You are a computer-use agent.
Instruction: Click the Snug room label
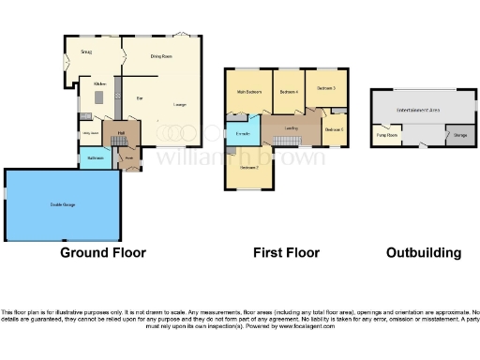[86, 51]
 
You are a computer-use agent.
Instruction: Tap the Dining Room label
[161, 56]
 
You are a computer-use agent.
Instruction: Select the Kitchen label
[97, 83]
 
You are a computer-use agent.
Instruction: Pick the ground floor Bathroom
[95, 157]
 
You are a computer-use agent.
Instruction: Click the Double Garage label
[62, 204]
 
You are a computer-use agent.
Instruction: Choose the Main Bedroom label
[247, 91]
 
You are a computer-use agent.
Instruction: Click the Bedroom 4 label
[288, 91]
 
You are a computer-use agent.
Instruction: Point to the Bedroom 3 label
[325, 87]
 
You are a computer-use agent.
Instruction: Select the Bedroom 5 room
[334, 128]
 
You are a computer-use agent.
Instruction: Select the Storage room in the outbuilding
[459, 135]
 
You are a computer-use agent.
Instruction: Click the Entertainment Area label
[418, 110]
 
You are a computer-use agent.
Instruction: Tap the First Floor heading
[286, 252]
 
